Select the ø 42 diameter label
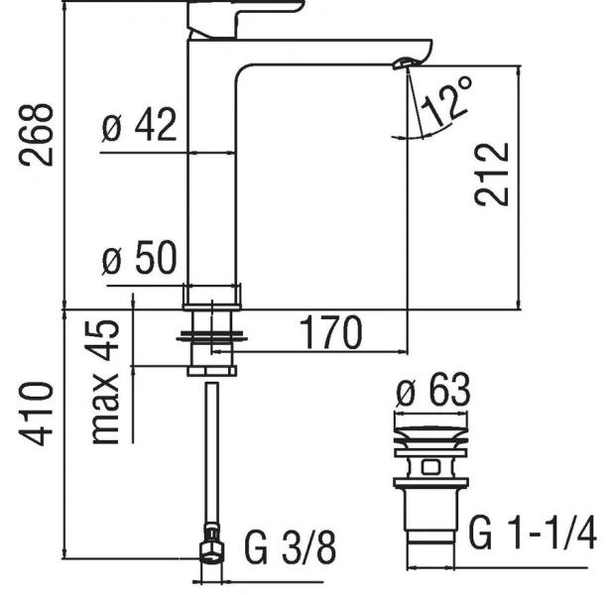(x=140, y=126)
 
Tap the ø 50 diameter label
(x=140, y=260)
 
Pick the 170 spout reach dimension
(x=331, y=333)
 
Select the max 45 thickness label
(x=108, y=382)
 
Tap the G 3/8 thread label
(x=291, y=546)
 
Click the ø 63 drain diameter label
(x=432, y=395)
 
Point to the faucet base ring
(x=212, y=294)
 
